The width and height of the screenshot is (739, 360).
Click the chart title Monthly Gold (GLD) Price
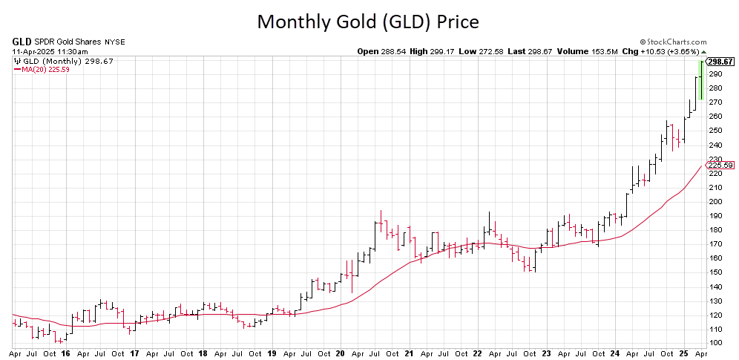click(x=368, y=22)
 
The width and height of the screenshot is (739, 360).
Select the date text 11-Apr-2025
click(x=34, y=51)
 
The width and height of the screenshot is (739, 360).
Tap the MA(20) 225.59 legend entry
click(x=42, y=70)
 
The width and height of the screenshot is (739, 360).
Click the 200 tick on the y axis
click(x=715, y=201)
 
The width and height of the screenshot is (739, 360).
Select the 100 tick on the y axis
click(x=715, y=343)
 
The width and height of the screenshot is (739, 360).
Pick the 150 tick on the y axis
click(x=715, y=272)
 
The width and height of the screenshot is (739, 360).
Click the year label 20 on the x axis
click(x=340, y=354)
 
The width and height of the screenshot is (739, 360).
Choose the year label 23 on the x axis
click(x=545, y=354)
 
